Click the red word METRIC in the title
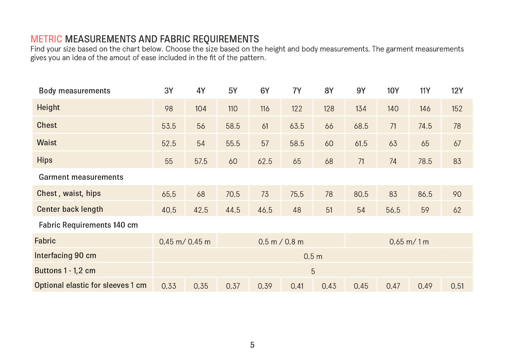point(46,39)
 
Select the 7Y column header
point(297,91)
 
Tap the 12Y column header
point(457,91)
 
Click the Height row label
point(48,107)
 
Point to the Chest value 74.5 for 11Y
point(425,126)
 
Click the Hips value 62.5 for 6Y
point(265,161)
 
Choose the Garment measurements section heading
point(81,177)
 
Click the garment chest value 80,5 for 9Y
point(361,194)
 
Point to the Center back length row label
point(70,209)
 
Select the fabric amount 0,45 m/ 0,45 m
point(185,242)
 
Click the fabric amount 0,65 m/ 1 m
point(409,242)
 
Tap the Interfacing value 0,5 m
point(313,257)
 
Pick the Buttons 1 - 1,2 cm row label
point(65,270)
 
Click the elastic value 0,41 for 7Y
point(297,286)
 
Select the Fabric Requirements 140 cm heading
point(88,225)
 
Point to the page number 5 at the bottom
point(252,345)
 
